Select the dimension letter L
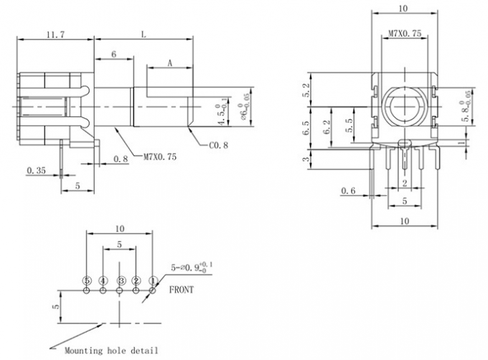(145, 34)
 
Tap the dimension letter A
(170, 63)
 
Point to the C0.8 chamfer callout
(218, 146)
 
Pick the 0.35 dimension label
(35, 170)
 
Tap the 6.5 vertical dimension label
(306, 129)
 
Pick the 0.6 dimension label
(349, 190)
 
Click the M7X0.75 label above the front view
(404, 34)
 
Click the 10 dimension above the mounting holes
(119, 228)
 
